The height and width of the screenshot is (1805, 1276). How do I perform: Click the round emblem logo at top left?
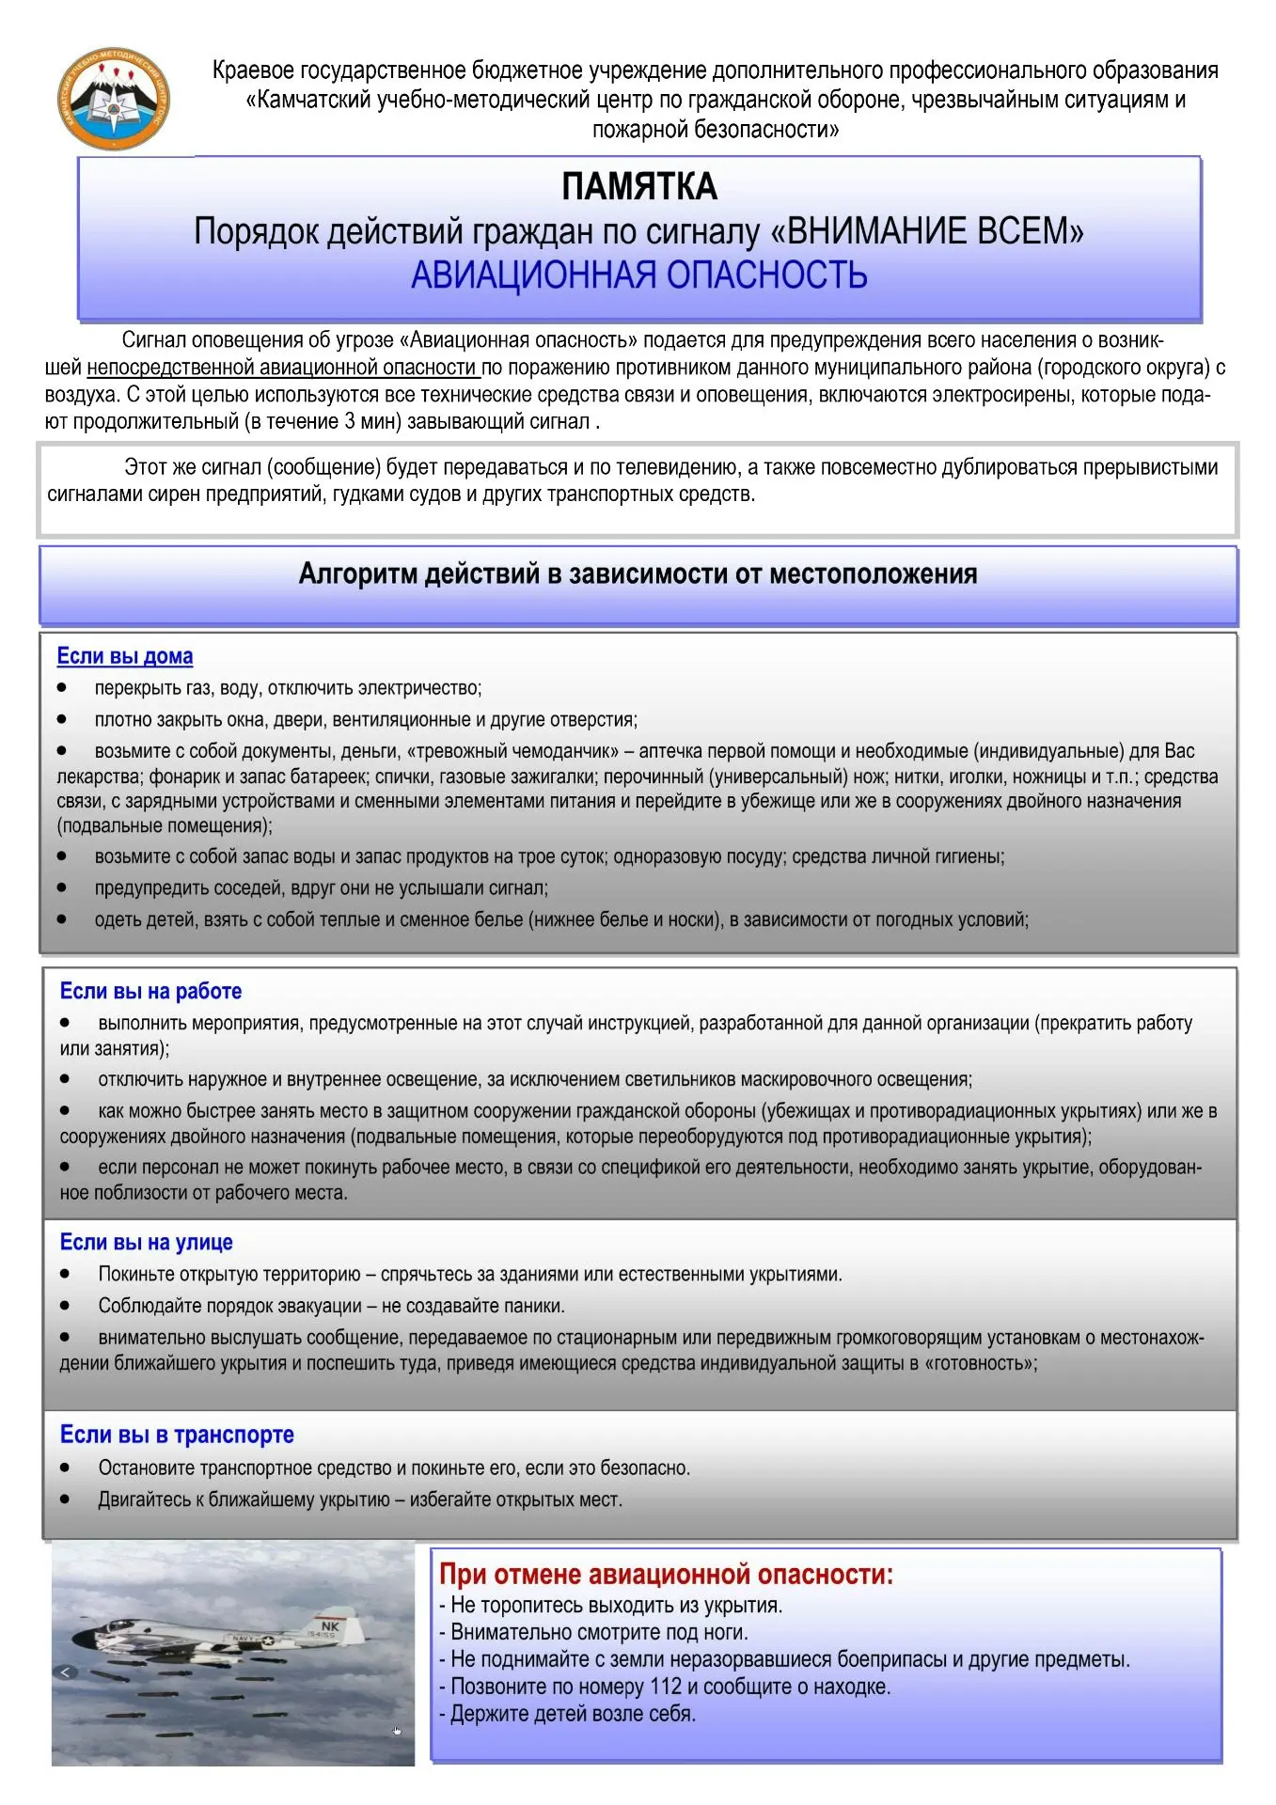point(114,100)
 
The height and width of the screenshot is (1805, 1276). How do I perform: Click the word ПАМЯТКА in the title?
point(638,186)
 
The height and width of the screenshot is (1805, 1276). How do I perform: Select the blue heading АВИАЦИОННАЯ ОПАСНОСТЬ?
point(638,275)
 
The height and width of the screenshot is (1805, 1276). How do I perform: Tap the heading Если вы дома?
point(124,656)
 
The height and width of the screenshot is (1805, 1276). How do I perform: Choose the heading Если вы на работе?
point(150,991)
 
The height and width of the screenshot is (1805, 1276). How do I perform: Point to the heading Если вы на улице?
point(146,1242)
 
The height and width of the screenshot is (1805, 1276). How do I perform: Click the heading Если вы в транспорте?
point(177,1435)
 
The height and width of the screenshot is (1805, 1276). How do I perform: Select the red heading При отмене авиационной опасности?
point(666,1574)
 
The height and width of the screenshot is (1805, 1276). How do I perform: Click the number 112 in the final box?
point(666,1686)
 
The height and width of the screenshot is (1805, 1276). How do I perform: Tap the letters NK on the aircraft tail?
point(330,1625)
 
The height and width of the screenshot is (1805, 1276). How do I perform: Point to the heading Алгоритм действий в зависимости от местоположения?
point(638,573)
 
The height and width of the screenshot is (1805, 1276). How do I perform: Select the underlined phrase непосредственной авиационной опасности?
point(282,367)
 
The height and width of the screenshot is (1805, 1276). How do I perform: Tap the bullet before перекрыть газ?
point(62,688)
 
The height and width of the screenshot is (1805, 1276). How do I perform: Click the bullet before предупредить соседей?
point(62,887)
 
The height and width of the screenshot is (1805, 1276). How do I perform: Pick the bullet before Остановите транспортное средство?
point(65,1468)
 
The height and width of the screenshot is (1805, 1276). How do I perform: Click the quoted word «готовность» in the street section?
point(977,1363)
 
